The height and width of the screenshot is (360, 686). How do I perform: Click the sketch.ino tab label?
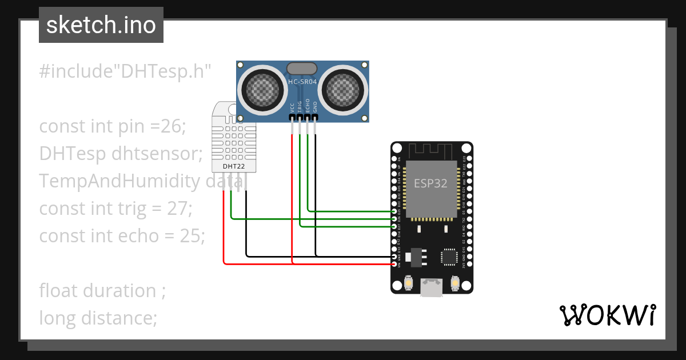[x=101, y=25]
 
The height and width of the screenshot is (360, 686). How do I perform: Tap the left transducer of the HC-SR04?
[x=260, y=89]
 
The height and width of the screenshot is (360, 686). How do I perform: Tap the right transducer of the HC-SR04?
[x=344, y=89]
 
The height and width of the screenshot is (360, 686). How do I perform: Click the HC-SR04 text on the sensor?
[x=302, y=82]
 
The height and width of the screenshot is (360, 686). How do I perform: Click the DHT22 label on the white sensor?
[x=233, y=166]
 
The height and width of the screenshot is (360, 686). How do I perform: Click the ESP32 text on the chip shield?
[x=430, y=183]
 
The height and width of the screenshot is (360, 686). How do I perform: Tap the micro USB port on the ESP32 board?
[x=432, y=287]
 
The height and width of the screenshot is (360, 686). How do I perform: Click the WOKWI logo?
[x=607, y=315]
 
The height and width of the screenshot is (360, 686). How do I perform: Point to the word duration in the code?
[x=119, y=290]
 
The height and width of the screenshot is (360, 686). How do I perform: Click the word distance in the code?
[x=118, y=317]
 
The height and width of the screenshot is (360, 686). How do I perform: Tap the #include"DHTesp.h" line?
[x=126, y=72]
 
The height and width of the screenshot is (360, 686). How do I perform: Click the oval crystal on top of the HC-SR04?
[x=302, y=69]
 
